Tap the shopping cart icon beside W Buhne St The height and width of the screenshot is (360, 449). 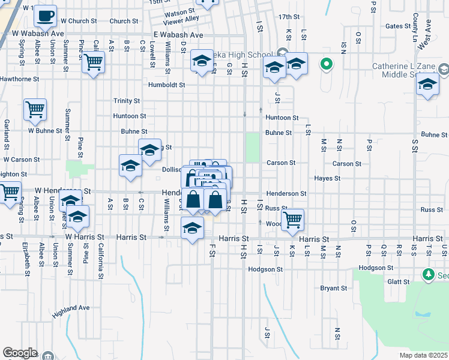[35, 110]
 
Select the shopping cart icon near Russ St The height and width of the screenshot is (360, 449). [292, 219]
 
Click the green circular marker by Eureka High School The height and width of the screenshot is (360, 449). [327, 63]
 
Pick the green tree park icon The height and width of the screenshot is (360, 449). [428, 275]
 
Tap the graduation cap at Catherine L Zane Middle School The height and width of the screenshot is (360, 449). [427, 84]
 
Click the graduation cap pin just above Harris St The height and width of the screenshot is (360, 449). [192, 228]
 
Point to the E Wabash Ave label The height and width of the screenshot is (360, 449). [178, 35]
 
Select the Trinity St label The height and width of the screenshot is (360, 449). [127, 101]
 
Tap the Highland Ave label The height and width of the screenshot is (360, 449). [71, 308]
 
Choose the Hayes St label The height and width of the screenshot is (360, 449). [327, 178]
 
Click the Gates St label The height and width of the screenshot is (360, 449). [397, 26]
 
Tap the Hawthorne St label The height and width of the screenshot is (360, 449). [19, 79]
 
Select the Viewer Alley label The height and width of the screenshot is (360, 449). [183, 19]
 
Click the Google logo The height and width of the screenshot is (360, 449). [20, 353]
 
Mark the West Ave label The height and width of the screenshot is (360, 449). [424, 35]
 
